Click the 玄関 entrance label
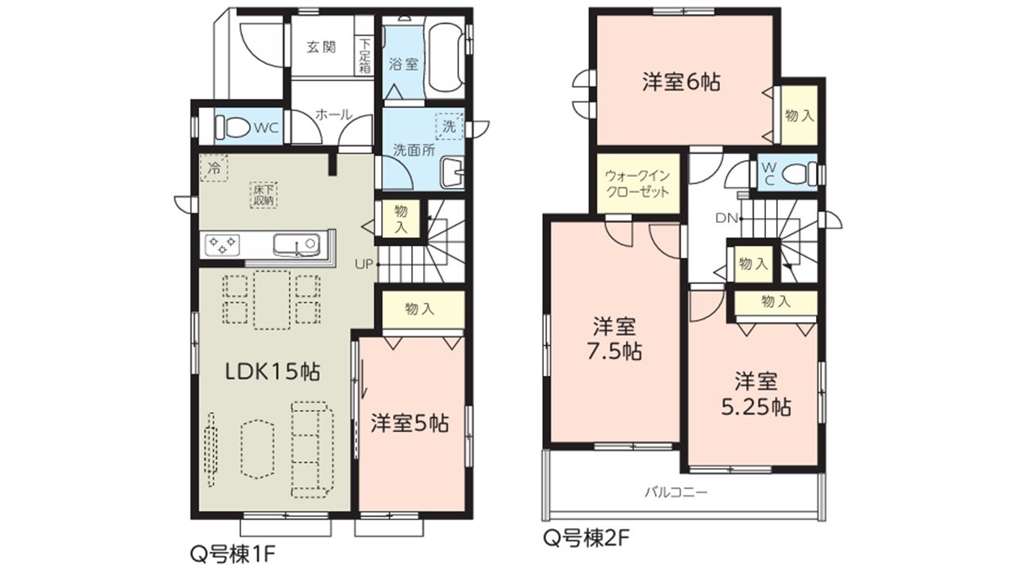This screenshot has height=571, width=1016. [x=321, y=47]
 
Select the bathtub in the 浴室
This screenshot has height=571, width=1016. [x=445, y=58]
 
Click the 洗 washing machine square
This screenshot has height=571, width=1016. [x=449, y=125]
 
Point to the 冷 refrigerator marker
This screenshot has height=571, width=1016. [x=214, y=168]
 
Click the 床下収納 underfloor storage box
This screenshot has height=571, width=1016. [x=264, y=195]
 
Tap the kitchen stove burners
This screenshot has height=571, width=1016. [x=222, y=245]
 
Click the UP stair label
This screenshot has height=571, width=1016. [x=364, y=264]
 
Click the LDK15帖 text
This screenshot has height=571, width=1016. [x=273, y=372]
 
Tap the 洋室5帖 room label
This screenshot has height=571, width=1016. [x=410, y=423]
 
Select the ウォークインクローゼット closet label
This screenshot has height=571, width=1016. [x=637, y=183]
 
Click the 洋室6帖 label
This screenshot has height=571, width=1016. [x=681, y=82]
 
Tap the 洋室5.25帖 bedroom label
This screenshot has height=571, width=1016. [x=756, y=394]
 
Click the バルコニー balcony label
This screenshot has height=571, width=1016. [x=676, y=492]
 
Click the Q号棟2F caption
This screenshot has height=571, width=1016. [x=586, y=538]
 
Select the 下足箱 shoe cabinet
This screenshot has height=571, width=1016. [x=365, y=56]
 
